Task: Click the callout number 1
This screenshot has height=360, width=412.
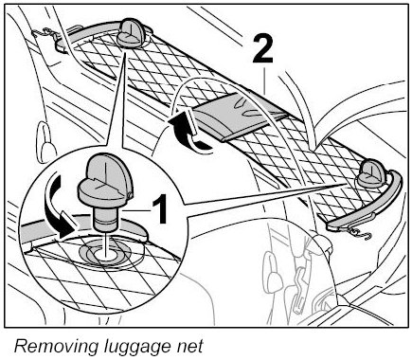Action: pyautogui.click(x=160, y=208)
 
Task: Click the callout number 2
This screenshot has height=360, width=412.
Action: pyautogui.click(x=262, y=50)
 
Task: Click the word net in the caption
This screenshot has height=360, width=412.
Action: pyautogui.click(x=189, y=347)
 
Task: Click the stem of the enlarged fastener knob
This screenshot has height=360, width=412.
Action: pyautogui.click(x=106, y=217)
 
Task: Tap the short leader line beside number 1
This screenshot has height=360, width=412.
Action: pyautogui.click(x=137, y=210)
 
